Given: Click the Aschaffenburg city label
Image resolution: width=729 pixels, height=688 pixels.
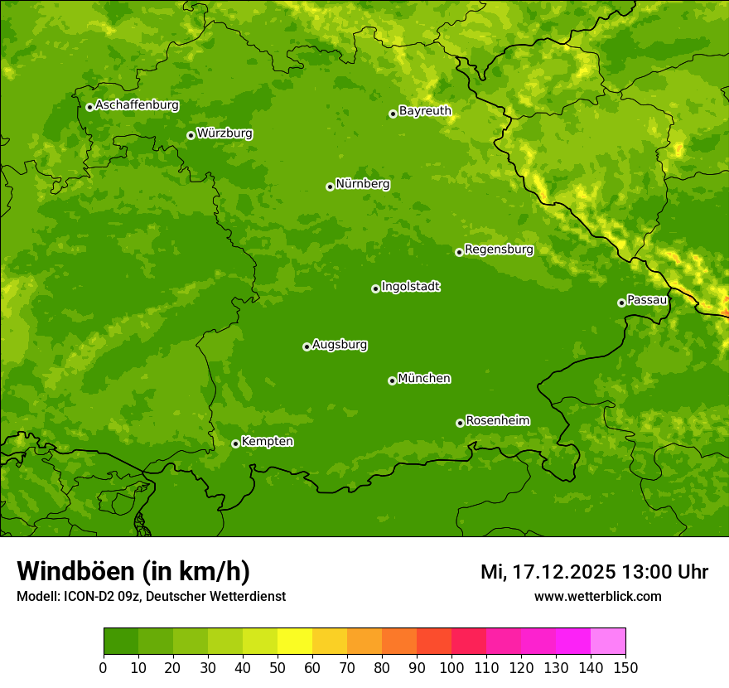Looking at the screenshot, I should click(137, 105).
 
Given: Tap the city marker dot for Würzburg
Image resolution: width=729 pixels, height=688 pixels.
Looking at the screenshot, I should click(191, 135).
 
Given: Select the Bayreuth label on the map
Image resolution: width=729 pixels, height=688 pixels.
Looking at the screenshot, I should click(425, 111).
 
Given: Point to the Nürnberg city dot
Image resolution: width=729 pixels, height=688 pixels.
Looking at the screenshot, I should click(330, 187).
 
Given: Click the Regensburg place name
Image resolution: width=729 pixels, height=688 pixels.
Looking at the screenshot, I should click(499, 250).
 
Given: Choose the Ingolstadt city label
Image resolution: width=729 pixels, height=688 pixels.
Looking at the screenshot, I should click(410, 287).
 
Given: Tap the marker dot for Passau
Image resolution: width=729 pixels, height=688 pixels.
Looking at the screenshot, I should click(621, 303).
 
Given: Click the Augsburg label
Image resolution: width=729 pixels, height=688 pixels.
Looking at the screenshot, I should click(340, 345).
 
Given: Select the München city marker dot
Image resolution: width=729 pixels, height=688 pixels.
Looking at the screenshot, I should click(392, 380).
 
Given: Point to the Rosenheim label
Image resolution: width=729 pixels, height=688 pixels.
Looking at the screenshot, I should click(497, 421).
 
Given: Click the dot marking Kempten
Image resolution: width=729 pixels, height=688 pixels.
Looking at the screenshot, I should click(235, 443).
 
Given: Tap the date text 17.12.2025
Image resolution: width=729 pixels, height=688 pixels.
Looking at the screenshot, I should click(562, 572).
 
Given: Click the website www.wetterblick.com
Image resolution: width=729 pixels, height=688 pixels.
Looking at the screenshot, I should click(597, 597).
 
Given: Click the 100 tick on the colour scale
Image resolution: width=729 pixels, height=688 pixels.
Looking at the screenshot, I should click(451, 668).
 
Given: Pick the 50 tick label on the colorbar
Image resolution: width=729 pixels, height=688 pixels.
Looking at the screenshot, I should click(278, 668).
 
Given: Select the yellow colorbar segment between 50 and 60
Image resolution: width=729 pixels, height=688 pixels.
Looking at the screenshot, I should click(295, 642).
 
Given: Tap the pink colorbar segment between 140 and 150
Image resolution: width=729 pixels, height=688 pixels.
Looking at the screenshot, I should click(608, 642).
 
